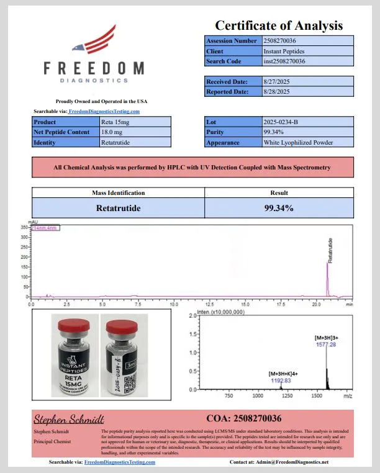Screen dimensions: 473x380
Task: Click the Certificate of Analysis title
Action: point(279,25)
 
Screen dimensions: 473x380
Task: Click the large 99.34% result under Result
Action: point(279,208)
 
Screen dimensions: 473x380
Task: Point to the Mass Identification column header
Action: point(118,193)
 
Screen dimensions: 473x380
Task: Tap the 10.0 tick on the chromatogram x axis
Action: point(174,305)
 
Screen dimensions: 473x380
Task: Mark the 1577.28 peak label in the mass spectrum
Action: point(325,344)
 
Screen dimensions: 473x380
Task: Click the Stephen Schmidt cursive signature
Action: point(68,419)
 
